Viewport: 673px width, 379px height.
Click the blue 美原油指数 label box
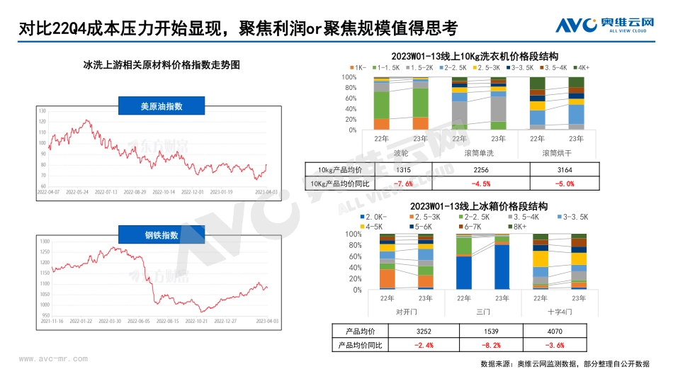coord(162,107)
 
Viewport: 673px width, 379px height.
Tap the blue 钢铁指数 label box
coord(162,235)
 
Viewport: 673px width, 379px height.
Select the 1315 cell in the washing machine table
coord(383,169)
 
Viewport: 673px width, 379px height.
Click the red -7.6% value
coord(383,183)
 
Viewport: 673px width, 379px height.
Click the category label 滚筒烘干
coord(558,152)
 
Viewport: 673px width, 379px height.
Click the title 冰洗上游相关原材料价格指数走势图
coord(162,64)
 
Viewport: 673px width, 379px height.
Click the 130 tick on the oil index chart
coord(43,111)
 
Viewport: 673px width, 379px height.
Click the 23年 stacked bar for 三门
coord(502,262)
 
